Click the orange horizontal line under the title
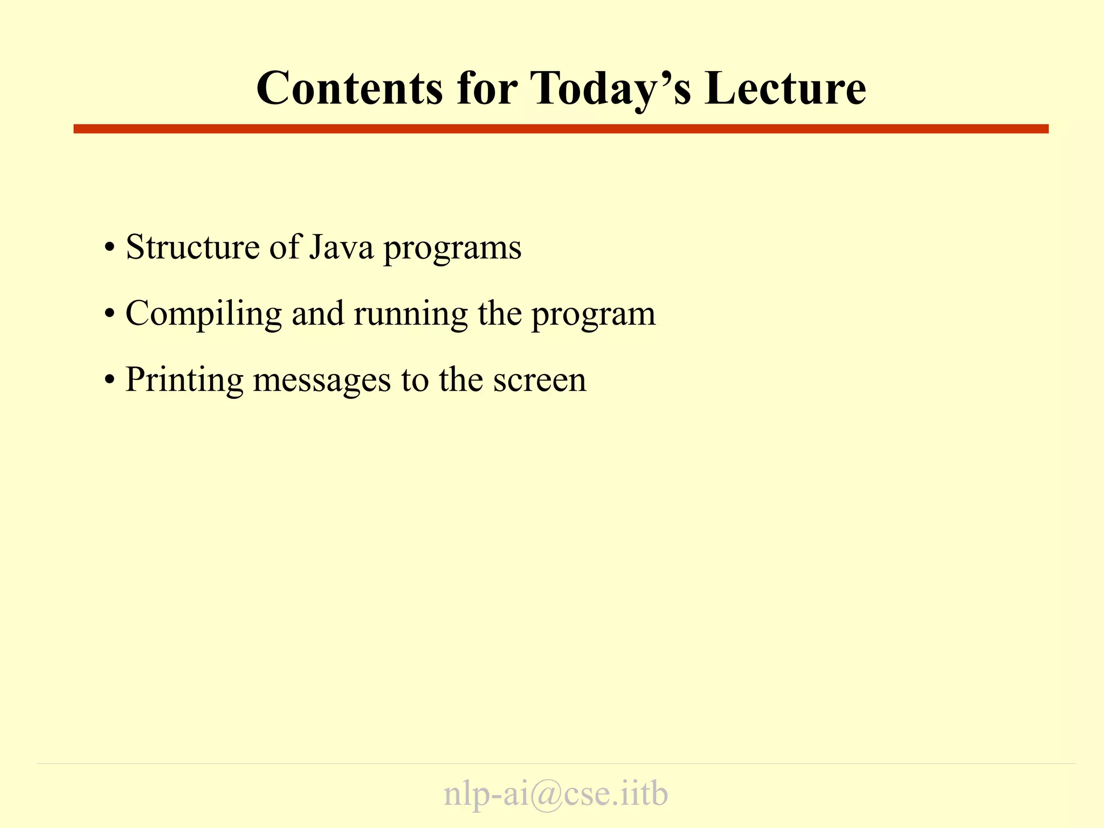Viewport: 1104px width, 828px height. tap(561, 129)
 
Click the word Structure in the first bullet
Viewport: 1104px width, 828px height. tap(192, 247)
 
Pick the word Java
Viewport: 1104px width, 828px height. tap(341, 247)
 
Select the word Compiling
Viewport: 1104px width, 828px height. tap(203, 314)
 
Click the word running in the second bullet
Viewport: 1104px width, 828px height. tap(411, 314)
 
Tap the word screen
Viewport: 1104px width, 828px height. tap(540, 380)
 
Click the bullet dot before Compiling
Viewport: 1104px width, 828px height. tap(110, 314)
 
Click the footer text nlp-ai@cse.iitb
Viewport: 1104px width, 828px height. tap(556, 794)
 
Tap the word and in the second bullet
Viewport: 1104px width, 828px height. tap(318, 313)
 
